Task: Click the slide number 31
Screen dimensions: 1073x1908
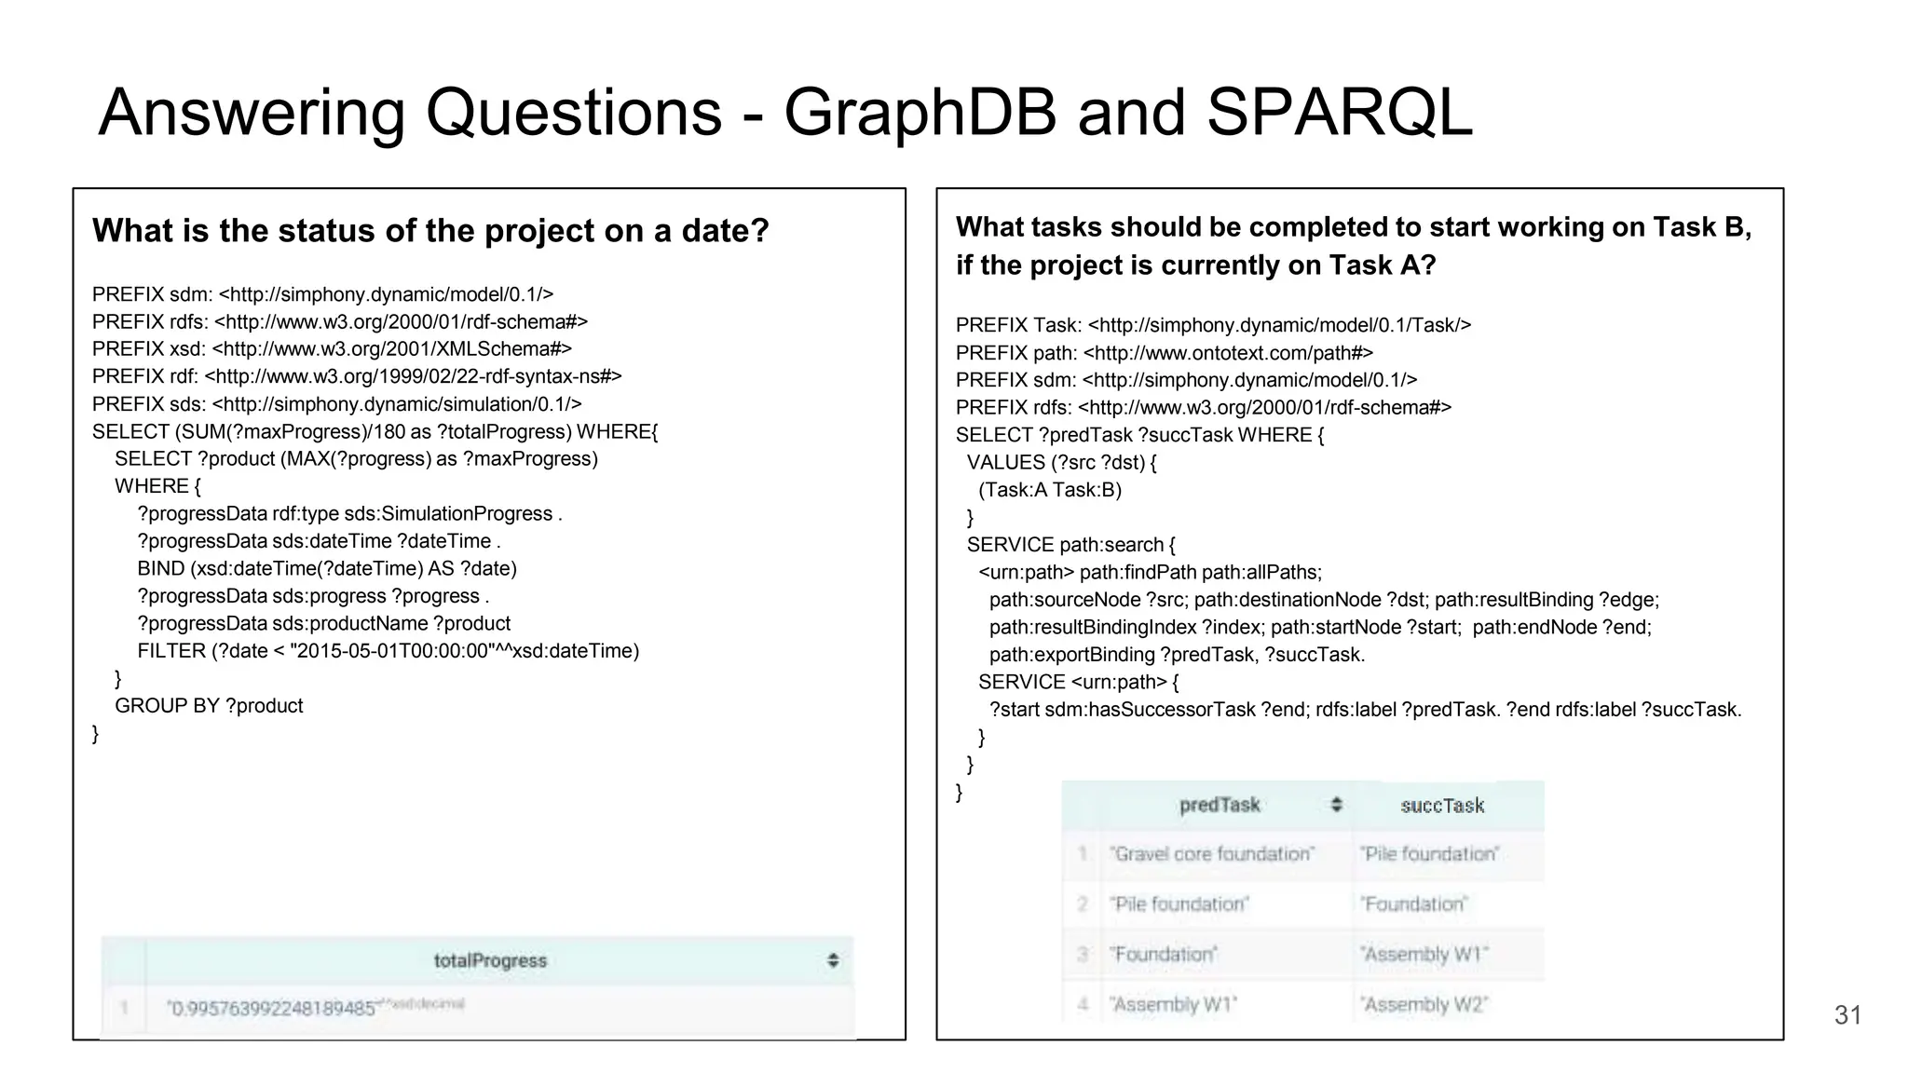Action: pos(1847,1014)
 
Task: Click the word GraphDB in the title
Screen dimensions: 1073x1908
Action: pos(920,114)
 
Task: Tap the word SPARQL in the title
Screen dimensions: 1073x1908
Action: pos(1339,114)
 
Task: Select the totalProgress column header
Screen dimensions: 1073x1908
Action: pos(490,960)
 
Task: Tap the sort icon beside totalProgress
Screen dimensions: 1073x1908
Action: pos(833,960)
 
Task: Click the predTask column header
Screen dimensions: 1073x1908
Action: pos(1219,805)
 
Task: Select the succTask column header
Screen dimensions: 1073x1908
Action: pos(1442,806)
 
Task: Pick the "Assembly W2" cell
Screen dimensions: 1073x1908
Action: pos(1424,1004)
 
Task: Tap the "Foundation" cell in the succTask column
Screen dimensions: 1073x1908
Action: pos(1414,903)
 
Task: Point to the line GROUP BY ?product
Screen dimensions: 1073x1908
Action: pos(209,706)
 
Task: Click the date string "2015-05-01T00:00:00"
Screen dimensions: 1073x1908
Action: pos(391,651)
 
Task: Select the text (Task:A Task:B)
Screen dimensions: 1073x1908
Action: pos(1050,490)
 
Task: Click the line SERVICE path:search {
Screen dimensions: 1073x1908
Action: pos(1071,545)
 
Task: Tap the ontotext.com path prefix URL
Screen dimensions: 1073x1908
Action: pos(1229,353)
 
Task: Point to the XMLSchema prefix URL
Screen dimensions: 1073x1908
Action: pos(392,349)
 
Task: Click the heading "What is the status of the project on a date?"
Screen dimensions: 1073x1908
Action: pos(430,231)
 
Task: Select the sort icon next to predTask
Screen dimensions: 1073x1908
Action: pos(1337,805)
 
